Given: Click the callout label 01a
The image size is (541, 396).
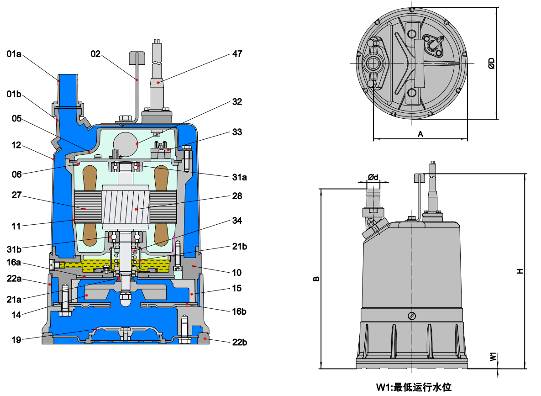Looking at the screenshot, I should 14,54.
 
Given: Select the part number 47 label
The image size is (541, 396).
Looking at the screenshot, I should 237,53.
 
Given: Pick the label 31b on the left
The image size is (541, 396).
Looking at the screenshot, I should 14,249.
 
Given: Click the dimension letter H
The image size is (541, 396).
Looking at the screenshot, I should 520,271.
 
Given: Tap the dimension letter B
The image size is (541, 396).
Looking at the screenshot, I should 316,279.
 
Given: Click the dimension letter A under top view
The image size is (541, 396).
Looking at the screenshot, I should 421,133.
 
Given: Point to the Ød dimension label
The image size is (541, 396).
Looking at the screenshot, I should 373,177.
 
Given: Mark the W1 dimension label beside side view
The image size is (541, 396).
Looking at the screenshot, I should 494,357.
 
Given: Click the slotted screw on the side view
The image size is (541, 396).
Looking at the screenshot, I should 412,316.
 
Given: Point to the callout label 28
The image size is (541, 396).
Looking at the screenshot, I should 237,196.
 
